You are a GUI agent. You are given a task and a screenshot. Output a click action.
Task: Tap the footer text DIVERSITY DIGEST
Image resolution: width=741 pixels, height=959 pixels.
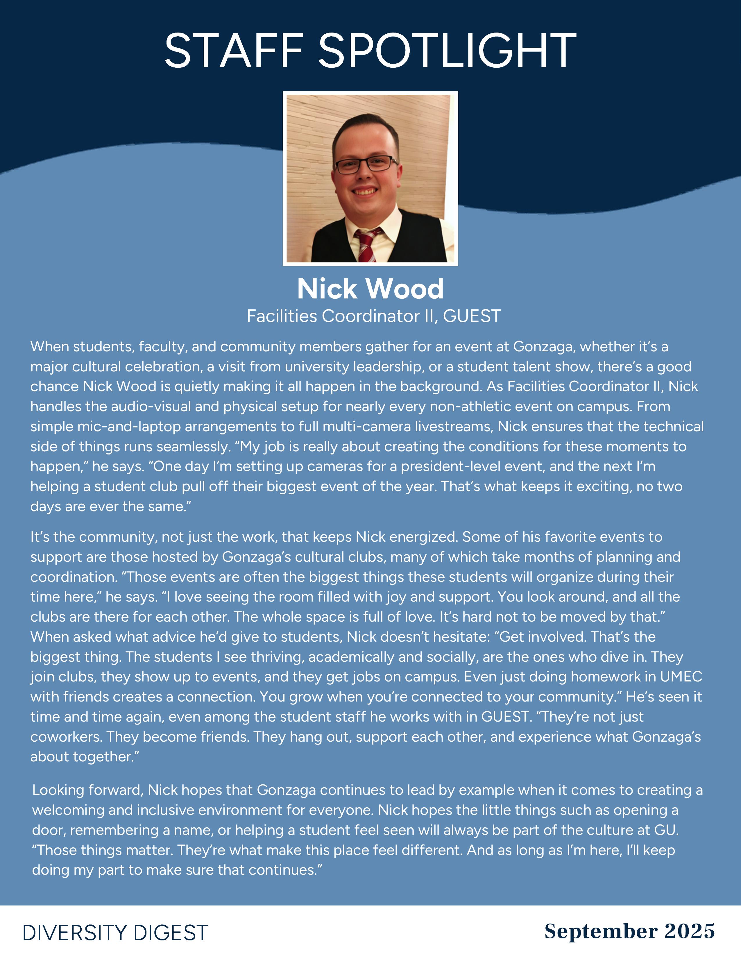coord(115,933)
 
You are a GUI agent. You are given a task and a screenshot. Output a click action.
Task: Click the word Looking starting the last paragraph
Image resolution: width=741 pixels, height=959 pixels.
coord(58,790)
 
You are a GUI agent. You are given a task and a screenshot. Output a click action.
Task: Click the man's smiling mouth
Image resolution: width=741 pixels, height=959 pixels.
coord(365,192)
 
